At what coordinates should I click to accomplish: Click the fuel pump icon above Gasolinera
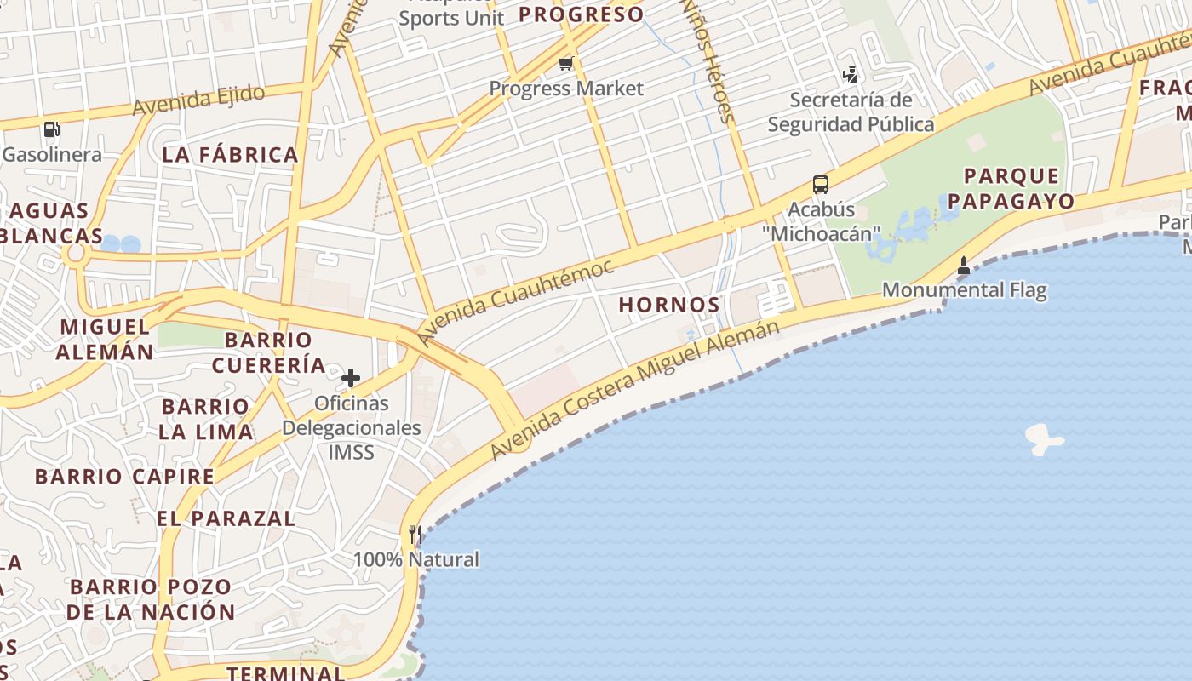pyautogui.click(x=52, y=129)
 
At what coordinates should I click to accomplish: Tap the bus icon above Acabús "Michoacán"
pyautogui.click(x=820, y=184)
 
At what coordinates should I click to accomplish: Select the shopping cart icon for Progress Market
pyautogui.click(x=566, y=64)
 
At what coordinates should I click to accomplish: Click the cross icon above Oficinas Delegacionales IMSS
pyautogui.click(x=351, y=377)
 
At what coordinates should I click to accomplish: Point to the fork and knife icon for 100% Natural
pyautogui.click(x=415, y=535)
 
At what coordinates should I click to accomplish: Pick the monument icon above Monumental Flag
pyautogui.click(x=964, y=266)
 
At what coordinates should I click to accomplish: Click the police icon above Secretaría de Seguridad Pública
pyautogui.click(x=850, y=75)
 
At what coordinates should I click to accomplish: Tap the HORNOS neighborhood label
pyautogui.click(x=669, y=305)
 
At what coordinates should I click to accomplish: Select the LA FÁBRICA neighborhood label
pyautogui.click(x=230, y=155)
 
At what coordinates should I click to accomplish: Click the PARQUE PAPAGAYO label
pyautogui.click(x=1011, y=189)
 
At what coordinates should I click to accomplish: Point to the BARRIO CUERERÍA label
pyautogui.click(x=268, y=352)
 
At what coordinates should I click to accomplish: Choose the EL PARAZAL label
pyautogui.click(x=226, y=518)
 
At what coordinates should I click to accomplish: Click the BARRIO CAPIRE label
pyautogui.click(x=124, y=477)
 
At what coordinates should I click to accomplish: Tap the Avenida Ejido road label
pyautogui.click(x=199, y=99)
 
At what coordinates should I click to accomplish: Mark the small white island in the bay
pyautogui.click(x=1044, y=439)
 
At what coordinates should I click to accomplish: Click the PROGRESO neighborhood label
pyautogui.click(x=581, y=14)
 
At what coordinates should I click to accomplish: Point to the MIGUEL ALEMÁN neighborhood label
pyautogui.click(x=106, y=339)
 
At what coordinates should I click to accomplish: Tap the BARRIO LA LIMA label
pyautogui.click(x=206, y=419)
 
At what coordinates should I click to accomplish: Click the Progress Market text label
pyautogui.click(x=566, y=89)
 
